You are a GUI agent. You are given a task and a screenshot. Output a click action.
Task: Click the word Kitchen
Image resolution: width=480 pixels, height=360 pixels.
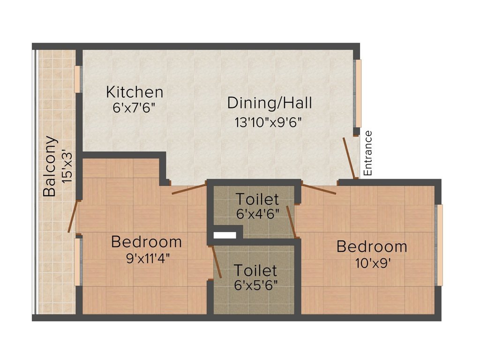click(135, 91)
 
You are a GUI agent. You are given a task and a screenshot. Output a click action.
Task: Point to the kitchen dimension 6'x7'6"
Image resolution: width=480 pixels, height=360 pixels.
click(134, 107)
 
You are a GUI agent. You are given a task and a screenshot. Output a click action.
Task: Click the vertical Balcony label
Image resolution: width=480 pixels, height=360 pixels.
click(50, 166)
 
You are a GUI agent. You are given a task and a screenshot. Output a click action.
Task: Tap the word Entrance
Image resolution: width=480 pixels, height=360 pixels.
click(368, 153)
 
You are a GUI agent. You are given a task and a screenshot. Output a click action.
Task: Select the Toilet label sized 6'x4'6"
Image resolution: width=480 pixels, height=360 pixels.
click(257, 199)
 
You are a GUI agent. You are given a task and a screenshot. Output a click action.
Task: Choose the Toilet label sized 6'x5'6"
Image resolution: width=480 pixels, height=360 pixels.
click(255, 270)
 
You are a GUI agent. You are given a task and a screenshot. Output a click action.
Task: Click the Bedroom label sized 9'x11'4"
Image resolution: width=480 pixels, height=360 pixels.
click(146, 242)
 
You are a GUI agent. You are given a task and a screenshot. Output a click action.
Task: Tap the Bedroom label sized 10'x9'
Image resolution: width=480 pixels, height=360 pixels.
click(372, 246)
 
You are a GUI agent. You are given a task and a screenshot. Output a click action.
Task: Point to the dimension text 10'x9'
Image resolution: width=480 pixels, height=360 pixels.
click(372, 262)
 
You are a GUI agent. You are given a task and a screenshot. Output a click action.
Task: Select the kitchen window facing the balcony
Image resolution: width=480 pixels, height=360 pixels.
click(77, 79)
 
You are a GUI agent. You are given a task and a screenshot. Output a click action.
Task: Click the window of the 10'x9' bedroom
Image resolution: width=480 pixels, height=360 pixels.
click(439, 245)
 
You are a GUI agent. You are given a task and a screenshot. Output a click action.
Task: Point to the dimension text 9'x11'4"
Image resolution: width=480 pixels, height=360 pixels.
click(148, 257)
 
